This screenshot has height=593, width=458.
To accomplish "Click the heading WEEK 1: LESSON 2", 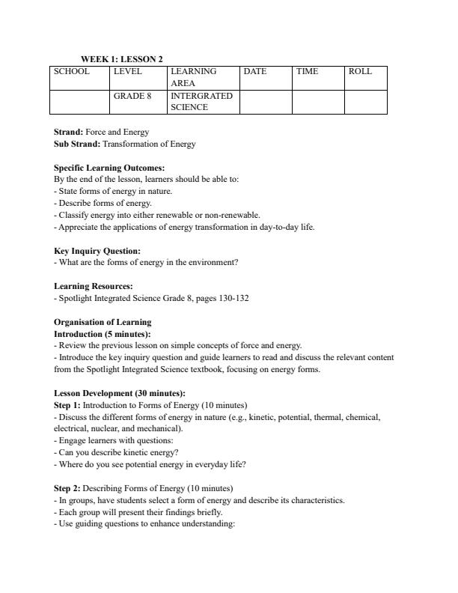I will pos(122,59).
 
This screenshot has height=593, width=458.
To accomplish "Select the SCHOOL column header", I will pos(71,72).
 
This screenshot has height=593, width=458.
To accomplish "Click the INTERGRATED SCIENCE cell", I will pos(201,102).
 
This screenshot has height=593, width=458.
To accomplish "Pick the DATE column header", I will pos(255,72).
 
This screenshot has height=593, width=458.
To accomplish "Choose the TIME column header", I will pos(307,72).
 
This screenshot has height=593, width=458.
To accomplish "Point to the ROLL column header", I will pos(360,72).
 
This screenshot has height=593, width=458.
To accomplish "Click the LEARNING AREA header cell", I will pos(193,78).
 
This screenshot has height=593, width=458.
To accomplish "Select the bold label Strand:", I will pos(69,133).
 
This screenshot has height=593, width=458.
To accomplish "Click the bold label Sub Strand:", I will pos(77,144).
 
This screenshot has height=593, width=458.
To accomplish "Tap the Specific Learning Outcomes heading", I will pos(109,168).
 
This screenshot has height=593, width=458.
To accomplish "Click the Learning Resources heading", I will pos(94,287).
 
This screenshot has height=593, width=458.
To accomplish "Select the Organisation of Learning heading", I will pos(103,323).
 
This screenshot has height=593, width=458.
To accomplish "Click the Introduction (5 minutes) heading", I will pos(103,334).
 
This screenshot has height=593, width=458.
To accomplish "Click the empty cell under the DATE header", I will pos(265,102).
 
